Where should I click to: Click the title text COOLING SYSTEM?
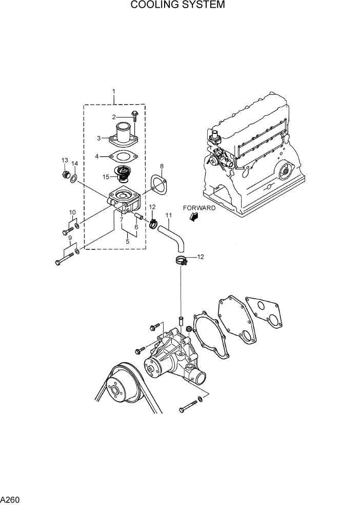[177, 6]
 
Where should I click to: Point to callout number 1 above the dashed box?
[114, 92]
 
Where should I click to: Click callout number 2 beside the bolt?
[114, 117]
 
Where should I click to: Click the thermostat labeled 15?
[123, 175]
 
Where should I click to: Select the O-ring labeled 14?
[75, 179]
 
